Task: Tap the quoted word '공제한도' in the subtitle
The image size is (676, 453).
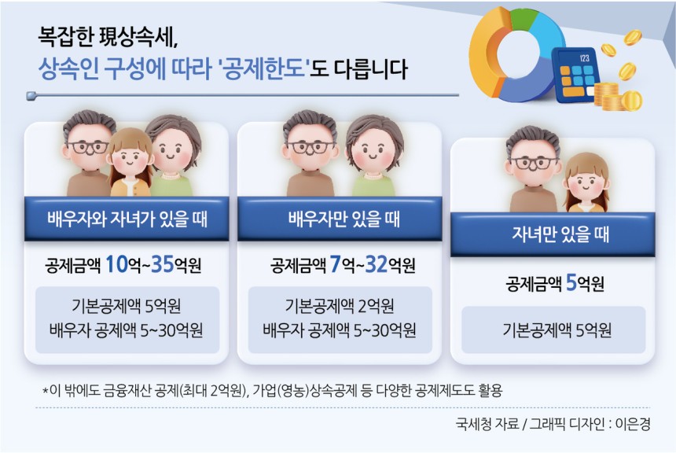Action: click(265, 68)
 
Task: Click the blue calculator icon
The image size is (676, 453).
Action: click(575, 75)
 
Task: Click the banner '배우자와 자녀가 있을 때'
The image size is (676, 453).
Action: click(127, 219)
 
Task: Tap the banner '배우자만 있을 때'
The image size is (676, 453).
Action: click(340, 219)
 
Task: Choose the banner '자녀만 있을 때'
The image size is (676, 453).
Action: click(553, 234)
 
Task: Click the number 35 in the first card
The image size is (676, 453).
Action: click(162, 264)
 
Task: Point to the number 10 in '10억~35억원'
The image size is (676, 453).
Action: click(117, 264)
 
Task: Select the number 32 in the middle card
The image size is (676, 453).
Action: click(377, 264)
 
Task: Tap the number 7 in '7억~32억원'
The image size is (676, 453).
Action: click(335, 264)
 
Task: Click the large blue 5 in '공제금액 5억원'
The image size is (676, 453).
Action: click(571, 283)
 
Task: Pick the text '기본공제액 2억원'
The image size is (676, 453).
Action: click(340, 306)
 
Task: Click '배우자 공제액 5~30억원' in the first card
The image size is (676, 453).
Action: click(127, 330)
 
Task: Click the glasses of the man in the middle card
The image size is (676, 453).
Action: click(310, 147)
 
